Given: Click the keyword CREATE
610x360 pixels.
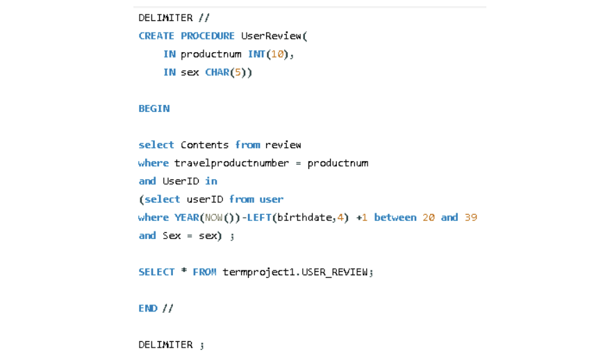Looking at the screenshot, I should click(156, 36).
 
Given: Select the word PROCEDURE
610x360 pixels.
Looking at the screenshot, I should click(208, 36).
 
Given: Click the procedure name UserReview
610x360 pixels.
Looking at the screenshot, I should click(271, 36).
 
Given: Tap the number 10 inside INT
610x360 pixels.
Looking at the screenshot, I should click(277, 54).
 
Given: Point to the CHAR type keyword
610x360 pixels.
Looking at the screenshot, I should click(217, 72).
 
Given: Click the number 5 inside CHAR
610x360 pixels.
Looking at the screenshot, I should click(238, 72).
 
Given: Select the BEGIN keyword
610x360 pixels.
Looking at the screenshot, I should click(154, 108).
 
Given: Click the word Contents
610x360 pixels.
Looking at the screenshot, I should click(204, 145).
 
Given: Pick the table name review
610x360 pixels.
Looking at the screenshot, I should click(283, 145).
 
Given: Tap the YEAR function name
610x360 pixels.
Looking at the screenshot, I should click(186, 218).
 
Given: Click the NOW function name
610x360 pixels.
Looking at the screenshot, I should click(213, 218).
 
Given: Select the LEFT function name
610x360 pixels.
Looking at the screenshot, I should click(259, 218).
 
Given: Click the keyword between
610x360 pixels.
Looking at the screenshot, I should click(395, 218).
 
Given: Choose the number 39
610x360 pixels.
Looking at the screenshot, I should click(471, 218).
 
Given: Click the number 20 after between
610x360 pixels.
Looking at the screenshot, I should click(429, 218).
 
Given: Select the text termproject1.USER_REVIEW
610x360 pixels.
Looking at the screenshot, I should click(295, 272).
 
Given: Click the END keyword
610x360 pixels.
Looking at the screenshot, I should click(147, 308).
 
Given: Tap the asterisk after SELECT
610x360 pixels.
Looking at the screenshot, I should click(184, 271).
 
